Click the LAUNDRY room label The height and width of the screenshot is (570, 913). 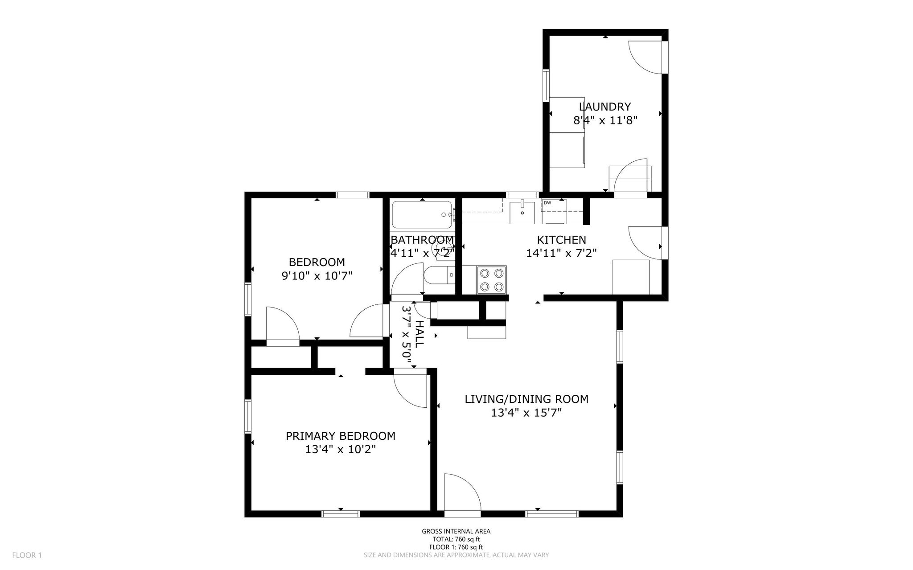(x=605, y=107)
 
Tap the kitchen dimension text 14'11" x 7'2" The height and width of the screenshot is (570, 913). (x=561, y=253)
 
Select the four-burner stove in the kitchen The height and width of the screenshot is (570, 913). (x=492, y=280)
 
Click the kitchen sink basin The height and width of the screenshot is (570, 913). (x=522, y=212)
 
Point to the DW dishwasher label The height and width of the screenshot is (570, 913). (x=547, y=203)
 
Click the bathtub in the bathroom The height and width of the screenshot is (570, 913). (x=422, y=214)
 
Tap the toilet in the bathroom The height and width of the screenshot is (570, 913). (x=439, y=275)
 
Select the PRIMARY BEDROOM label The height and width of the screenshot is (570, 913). (x=341, y=436)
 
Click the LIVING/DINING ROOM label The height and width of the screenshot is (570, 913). (x=526, y=399)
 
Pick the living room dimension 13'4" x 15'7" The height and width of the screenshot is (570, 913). (x=526, y=413)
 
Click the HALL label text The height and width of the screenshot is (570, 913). (x=419, y=334)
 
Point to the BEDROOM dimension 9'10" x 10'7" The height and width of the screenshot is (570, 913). (x=317, y=276)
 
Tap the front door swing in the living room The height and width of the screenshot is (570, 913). (x=463, y=492)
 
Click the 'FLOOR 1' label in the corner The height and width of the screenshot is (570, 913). (x=27, y=555)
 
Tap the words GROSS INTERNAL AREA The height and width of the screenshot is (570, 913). (x=456, y=531)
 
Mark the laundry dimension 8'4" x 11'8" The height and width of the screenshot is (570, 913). (x=605, y=120)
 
